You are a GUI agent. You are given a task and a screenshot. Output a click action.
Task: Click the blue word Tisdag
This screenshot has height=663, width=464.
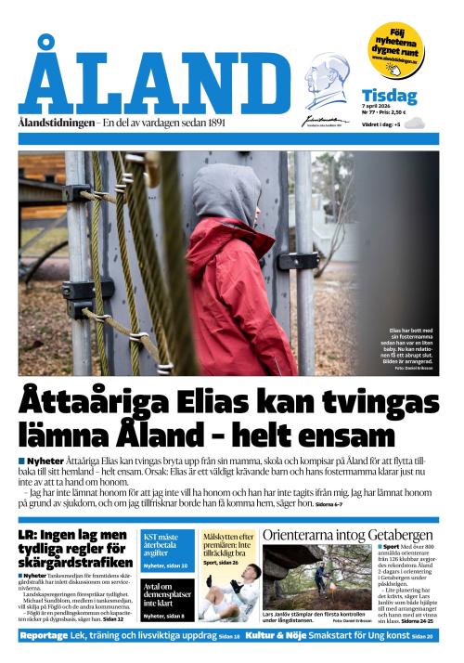[x=389, y=96]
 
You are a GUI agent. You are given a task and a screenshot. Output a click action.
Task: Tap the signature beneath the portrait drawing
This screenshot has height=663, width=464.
[x=324, y=120]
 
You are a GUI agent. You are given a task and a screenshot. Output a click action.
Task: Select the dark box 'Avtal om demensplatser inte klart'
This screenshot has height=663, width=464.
[x=167, y=594]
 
